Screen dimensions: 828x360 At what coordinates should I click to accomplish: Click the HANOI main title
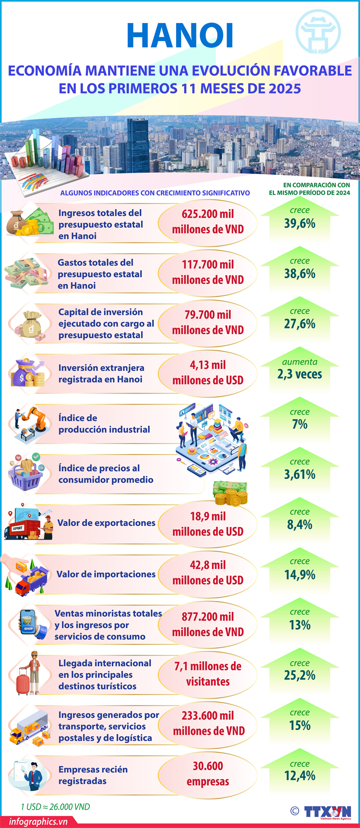(x=180, y=36)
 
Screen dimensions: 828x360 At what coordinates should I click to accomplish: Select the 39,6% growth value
(x=299, y=223)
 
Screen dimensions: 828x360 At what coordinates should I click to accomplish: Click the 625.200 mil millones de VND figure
(x=207, y=221)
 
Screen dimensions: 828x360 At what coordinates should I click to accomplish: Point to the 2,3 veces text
(x=299, y=374)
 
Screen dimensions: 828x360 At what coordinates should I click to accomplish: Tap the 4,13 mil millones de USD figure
(x=207, y=372)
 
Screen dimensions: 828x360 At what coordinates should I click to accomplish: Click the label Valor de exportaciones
(x=106, y=523)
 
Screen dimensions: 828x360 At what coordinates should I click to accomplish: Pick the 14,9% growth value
(x=299, y=575)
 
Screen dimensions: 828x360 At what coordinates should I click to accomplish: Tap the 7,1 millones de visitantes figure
(x=207, y=673)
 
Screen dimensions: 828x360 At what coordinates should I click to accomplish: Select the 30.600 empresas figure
(x=207, y=773)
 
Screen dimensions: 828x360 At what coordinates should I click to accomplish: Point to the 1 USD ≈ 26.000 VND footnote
(x=55, y=807)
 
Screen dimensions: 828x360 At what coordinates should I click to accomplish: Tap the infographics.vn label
(x=38, y=821)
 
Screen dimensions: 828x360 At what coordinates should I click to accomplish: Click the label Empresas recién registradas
(x=93, y=775)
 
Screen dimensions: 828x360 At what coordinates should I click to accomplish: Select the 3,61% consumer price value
(x=299, y=474)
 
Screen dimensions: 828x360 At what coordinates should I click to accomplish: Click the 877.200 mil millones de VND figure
(x=207, y=624)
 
